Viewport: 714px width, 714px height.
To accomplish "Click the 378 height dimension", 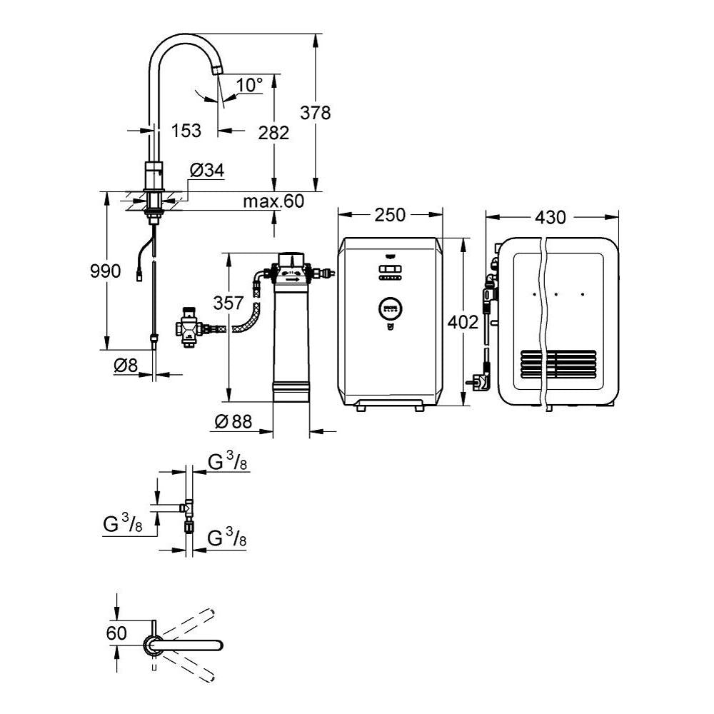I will (x=316, y=113).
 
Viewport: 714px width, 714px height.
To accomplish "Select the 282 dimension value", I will (x=273, y=133).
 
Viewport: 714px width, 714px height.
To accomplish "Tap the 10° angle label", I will (x=249, y=86).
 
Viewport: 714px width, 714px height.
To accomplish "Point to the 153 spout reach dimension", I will (x=186, y=131).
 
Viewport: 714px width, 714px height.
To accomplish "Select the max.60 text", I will (x=273, y=201).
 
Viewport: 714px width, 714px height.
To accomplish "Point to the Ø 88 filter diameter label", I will (x=233, y=423).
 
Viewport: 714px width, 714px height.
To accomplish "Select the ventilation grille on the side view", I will (x=555, y=366).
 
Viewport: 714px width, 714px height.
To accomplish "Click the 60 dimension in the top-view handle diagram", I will (x=116, y=632).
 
